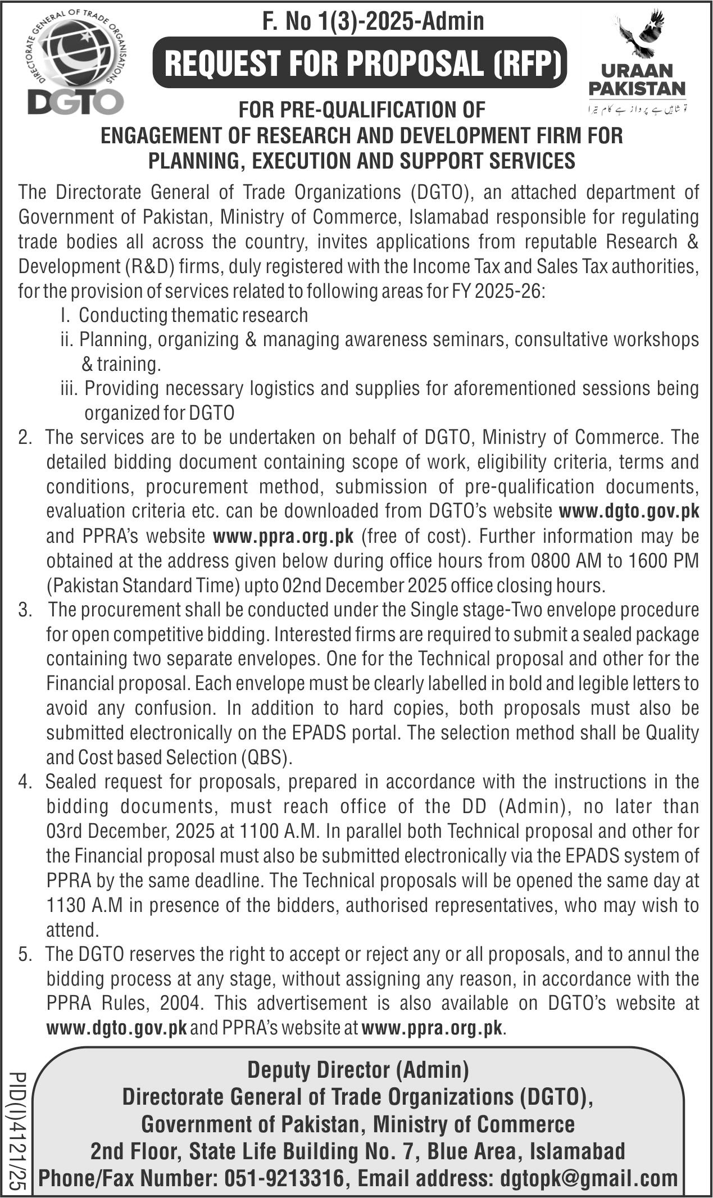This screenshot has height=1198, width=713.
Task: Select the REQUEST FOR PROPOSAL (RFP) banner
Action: pos(360,63)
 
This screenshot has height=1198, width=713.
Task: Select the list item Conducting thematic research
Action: pos(193,315)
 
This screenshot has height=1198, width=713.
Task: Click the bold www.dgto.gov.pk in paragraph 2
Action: pos(629,511)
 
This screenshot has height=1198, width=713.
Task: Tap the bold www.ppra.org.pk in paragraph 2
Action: pos(283,536)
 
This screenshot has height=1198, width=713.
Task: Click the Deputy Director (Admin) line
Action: pos(358,1069)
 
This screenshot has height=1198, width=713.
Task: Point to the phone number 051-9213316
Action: pos(284,1178)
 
